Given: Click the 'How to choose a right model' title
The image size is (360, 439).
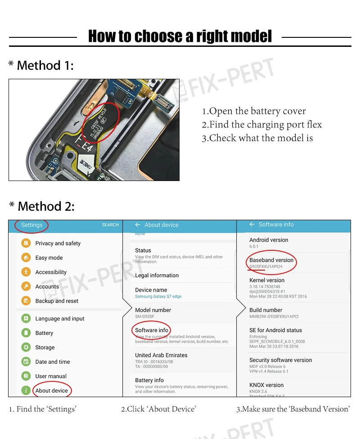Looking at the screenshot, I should point(180,36).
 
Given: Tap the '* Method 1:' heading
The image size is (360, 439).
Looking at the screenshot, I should point(41,66).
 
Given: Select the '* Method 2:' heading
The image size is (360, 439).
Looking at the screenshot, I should point(42,207).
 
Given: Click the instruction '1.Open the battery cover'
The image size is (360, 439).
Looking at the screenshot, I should point(254,111).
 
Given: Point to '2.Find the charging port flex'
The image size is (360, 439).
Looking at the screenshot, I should point(261,125).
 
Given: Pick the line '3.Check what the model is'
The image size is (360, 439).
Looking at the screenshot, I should point(257,138).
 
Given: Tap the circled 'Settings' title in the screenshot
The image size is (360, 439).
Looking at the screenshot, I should point(32,225).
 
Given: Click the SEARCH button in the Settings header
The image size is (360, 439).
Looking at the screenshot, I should point(110,225).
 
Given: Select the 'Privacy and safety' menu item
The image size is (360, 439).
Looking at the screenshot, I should point(58,243).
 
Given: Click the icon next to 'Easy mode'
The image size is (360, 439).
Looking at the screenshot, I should point(26,258).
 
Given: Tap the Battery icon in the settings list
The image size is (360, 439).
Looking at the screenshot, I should point(26,333).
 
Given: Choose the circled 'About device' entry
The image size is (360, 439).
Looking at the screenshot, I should point(51,390).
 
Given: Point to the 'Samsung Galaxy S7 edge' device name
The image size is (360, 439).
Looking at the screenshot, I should point(158,297).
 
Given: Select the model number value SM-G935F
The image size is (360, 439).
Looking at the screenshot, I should point(144,317).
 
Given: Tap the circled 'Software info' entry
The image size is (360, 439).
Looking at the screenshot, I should point(152,330).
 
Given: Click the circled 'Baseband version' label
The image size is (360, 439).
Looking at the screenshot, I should point(271,260).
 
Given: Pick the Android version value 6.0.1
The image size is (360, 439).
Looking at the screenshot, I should point(254,246).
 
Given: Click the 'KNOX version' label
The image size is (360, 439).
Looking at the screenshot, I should point(266,385).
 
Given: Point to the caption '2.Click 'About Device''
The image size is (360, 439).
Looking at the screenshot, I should point(158,409).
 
